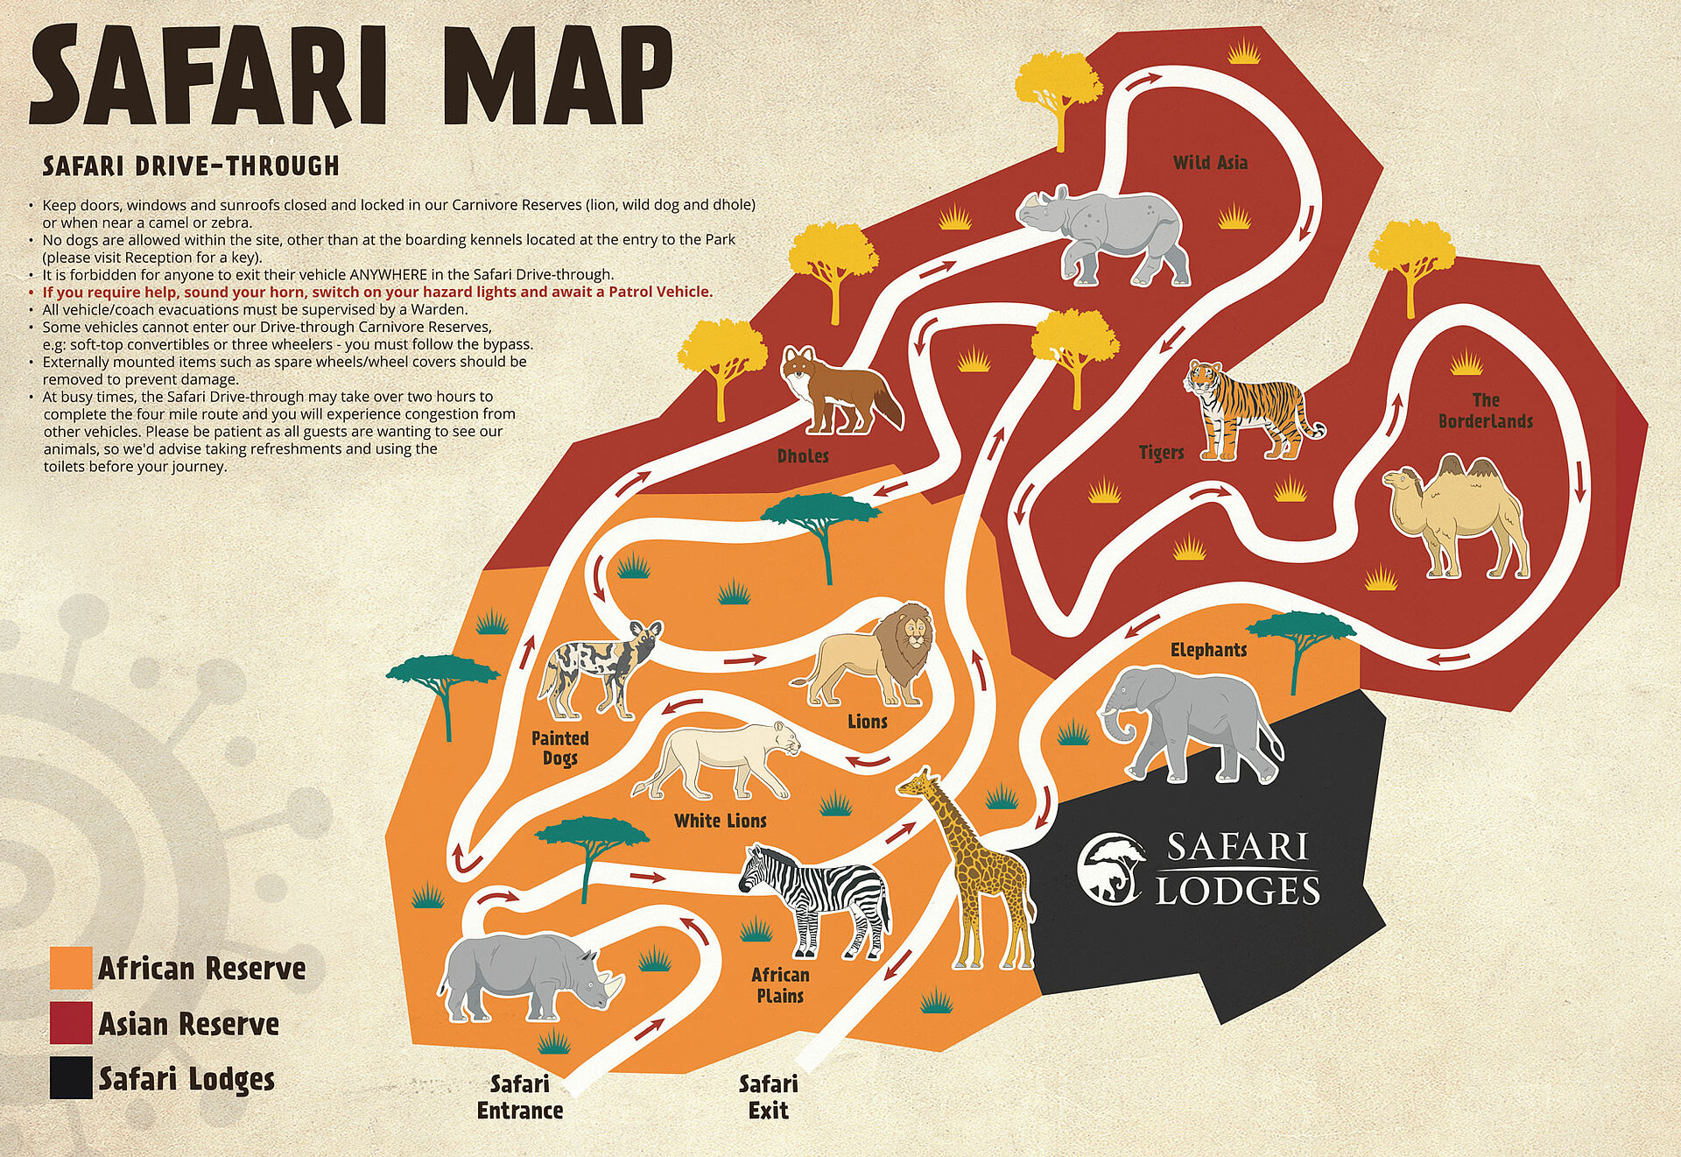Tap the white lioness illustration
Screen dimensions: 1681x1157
pos(722,758)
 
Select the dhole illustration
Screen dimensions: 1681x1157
pos(836,390)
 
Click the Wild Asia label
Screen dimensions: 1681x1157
pos(1210,162)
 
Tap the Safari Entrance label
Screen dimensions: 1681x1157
pos(519,1097)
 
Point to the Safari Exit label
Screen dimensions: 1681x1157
pos(768,1097)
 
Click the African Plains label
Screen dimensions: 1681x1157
pos(780,984)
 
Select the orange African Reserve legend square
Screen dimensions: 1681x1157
pos(71,968)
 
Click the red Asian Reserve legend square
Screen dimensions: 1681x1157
pos(71,1023)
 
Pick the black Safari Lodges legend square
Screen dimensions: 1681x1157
pos(71,1078)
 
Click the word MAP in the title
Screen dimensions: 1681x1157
pos(560,77)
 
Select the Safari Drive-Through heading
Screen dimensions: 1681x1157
pos(191,166)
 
